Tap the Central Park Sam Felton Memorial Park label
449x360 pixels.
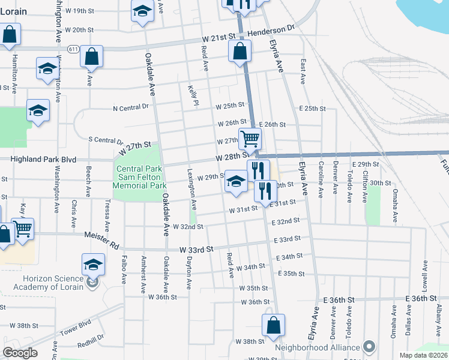140,178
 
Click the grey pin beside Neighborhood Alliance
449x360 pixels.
369,347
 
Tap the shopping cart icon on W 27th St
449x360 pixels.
250,139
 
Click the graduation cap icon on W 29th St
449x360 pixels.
237,182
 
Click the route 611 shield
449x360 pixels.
74,49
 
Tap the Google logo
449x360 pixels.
20,353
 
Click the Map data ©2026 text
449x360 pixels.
423,355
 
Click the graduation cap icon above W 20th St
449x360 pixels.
142,11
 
